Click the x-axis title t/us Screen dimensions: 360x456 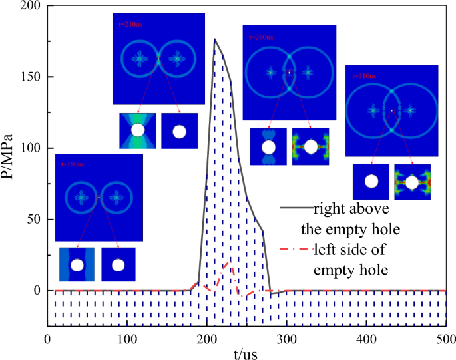247,351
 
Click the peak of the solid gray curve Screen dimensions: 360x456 214,39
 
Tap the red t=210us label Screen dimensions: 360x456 130,25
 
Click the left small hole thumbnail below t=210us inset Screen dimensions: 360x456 138,130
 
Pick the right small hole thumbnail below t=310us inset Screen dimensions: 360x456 413,182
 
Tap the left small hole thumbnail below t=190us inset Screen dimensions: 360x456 77,265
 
